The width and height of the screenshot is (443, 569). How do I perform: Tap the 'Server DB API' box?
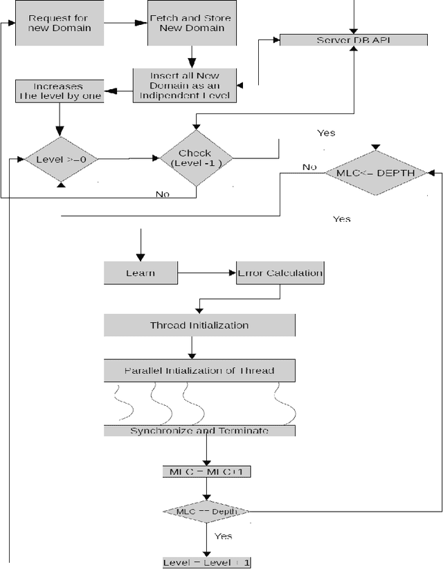353,40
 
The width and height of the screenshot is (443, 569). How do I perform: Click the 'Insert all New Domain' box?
185,85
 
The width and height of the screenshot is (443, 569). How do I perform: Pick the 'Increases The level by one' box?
60,92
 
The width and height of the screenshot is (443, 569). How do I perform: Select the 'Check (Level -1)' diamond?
196,158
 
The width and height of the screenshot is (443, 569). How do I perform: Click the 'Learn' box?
141,273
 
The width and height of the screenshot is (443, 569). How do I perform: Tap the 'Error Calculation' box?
280,273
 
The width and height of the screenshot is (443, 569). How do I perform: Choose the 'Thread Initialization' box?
199,325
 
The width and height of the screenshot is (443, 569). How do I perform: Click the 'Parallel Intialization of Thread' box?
199,371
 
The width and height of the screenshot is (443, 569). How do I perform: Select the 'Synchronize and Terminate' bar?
199,431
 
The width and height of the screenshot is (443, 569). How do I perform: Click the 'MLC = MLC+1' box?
207,472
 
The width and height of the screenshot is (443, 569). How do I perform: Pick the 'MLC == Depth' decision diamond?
207,511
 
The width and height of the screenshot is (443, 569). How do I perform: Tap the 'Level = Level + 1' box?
207,562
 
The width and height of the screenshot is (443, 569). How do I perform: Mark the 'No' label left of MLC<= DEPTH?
309,167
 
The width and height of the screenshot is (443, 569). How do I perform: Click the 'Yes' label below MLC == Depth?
223,536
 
